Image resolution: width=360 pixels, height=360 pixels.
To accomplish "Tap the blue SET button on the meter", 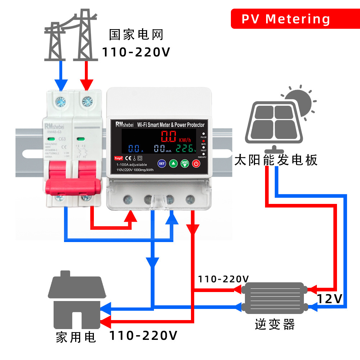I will [162, 164].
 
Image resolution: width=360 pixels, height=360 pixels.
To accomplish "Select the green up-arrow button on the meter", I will [173, 164].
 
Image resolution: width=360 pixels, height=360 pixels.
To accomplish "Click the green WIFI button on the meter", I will [185, 164].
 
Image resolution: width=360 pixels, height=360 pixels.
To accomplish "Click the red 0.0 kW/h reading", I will [169, 137].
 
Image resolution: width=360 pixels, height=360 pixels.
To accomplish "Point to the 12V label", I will [330, 299].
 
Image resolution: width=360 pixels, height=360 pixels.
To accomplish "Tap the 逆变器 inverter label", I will [275, 324].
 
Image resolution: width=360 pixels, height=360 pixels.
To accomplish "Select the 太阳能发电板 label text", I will [276, 160].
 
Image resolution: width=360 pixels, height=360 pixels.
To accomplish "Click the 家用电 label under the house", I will [76, 337].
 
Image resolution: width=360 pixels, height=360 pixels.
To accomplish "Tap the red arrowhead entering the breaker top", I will [86, 85].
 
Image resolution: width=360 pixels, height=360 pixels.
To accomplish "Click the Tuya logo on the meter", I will [119, 158].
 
